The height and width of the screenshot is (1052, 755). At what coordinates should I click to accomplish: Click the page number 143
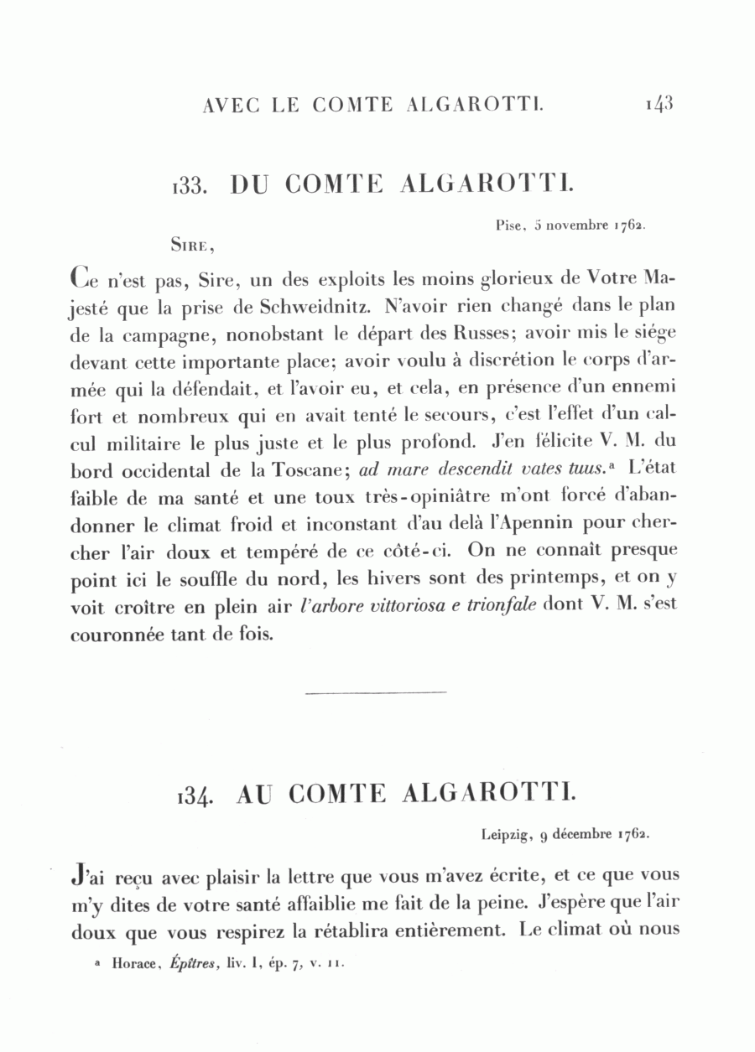coord(659,104)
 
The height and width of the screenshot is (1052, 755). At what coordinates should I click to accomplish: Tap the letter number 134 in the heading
coord(196,795)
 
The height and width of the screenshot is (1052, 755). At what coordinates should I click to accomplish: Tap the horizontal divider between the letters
coord(377,692)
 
